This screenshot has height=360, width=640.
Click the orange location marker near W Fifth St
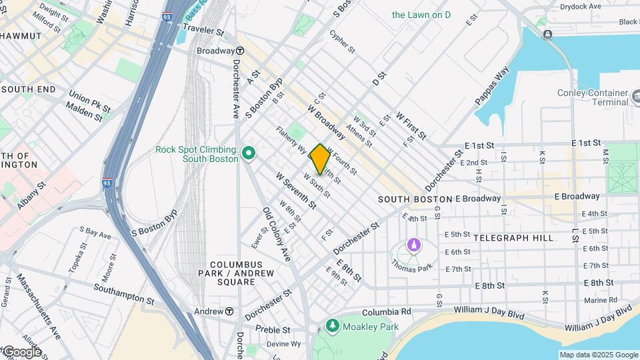pyautogui.click(x=320, y=159)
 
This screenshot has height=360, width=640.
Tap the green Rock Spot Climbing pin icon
pyautogui.click(x=249, y=154)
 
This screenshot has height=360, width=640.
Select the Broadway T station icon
pyautogui.click(x=239, y=51)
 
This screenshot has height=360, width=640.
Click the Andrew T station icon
pyautogui.click(x=229, y=311)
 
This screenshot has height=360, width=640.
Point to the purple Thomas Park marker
pyautogui.click(x=414, y=245)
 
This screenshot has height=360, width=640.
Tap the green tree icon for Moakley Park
pyautogui.click(x=332, y=326)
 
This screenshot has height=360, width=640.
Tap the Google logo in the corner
pyautogui.click(x=21, y=351)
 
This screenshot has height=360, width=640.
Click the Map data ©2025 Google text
pyautogui.click(x=598, y=355)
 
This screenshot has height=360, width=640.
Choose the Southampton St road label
pyautogui.click(x=124, y=295)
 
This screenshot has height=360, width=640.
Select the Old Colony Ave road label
pyautogui.click(x=277, y=234)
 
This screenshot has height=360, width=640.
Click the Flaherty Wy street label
pyautogui.click(x=291, y=141)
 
